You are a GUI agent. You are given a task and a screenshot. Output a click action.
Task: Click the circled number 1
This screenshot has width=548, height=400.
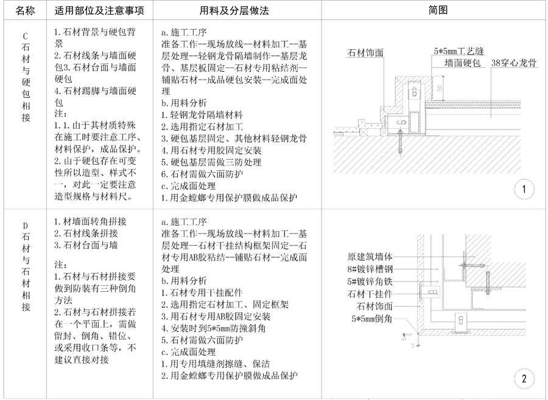pos(524,190)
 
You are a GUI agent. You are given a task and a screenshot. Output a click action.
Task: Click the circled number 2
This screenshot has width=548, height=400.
pos(524,379)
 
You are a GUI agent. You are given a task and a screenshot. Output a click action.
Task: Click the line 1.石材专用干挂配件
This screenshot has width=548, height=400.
pos(206,292)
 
